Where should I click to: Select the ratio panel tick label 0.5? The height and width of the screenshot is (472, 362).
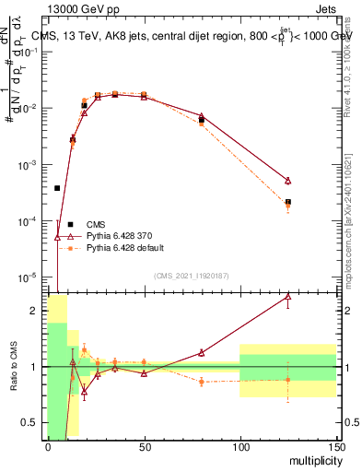tap(33, 423)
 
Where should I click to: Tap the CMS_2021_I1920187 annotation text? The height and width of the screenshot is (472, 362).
tap(191, 275)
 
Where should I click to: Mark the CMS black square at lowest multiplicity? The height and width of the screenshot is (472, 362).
tap(57, 188)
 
